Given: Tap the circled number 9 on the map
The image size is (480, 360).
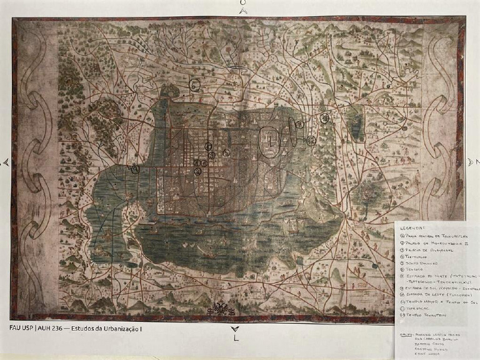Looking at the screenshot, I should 311,141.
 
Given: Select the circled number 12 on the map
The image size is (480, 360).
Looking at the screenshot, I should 324,118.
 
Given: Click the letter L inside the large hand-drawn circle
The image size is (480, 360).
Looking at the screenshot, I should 270,141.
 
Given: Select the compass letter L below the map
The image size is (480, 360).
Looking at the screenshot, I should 236,338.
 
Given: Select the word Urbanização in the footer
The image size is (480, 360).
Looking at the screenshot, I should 132,327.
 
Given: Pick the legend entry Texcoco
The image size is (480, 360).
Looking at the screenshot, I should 417,272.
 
